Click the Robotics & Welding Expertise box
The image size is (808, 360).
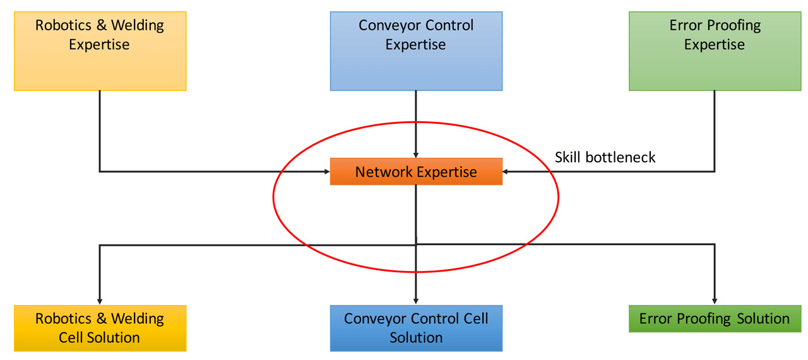100,51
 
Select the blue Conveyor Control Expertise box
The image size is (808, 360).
416,51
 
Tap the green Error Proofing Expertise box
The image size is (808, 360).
715,51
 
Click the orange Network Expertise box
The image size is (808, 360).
416,171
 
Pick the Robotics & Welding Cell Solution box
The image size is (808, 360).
100,328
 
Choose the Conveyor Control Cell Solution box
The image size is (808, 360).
416,328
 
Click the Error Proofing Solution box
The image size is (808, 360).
715,318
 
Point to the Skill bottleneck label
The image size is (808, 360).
605,157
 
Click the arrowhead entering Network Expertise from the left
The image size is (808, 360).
327,171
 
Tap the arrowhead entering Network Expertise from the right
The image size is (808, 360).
506,171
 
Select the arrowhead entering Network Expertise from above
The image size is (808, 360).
416,155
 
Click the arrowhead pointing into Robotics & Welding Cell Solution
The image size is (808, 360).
100,302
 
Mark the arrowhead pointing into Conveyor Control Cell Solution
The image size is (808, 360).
416,302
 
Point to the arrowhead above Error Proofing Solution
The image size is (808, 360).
715,302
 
